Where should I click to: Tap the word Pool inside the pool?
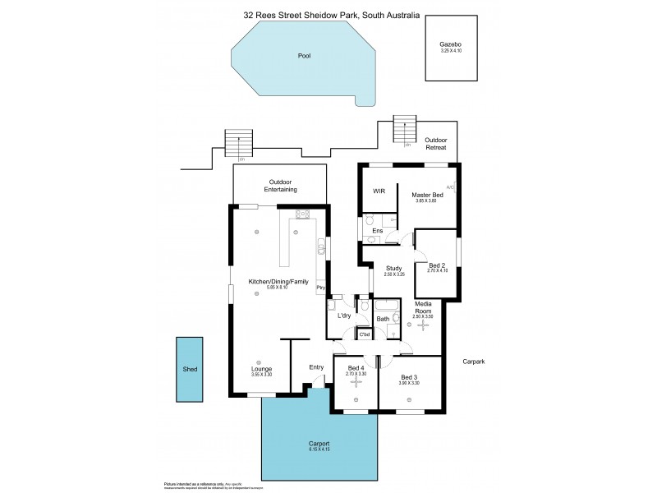[x=304, y=56]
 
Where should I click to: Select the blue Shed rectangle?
[x=191, y=370]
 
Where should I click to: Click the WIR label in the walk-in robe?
[x=379, y=191]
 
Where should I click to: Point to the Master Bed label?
[x=427, y=194]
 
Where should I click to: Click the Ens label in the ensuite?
[x=377, y=231]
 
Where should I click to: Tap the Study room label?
[x=393, y=267]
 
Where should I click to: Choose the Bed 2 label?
[x=436, y=265]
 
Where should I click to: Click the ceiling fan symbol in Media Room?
[x=423, y=325]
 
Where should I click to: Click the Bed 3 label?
[x=408, y=377]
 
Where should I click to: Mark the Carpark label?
[x=475, y=362]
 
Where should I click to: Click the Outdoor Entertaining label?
[x=280, y=186]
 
